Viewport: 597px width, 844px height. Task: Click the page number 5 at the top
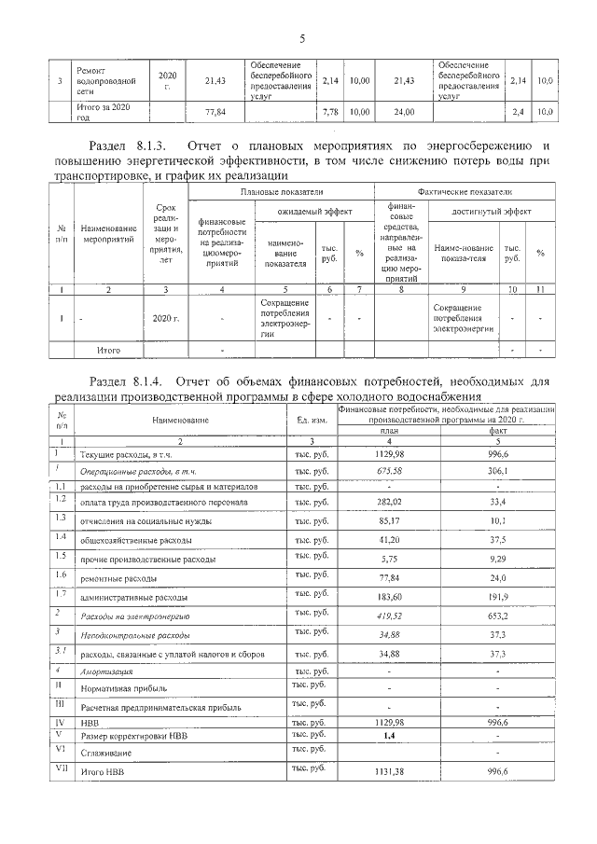[302, 38]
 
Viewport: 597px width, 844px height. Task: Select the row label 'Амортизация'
[105, 671]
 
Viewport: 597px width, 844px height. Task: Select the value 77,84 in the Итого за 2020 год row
[215, 112]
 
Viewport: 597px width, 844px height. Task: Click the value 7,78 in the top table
[328, 112]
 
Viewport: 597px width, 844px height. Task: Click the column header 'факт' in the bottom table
[497, 431]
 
